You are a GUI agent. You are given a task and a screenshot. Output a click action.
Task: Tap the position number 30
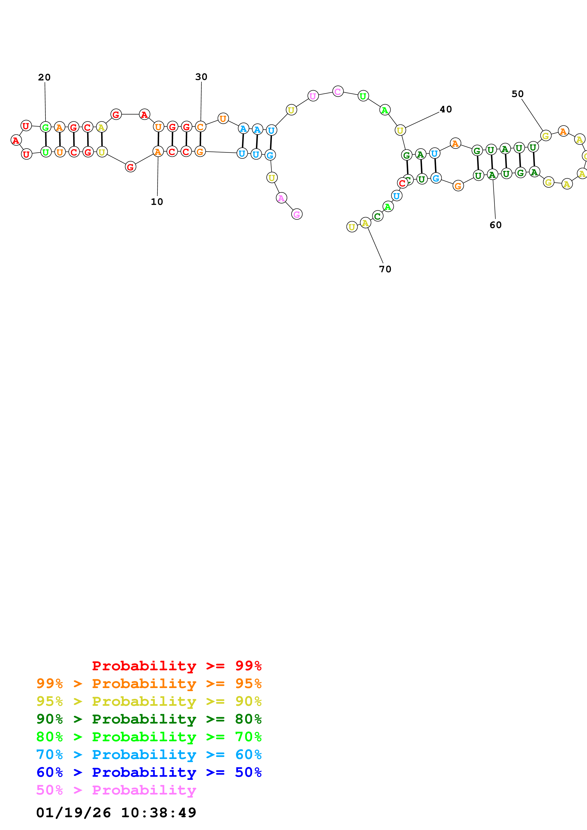click(201, 77)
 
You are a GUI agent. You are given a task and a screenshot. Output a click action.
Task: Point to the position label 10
click(157, 202)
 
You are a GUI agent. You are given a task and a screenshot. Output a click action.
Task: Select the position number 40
click(446, 110)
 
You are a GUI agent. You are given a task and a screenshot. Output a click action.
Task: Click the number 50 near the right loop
click(517, 94)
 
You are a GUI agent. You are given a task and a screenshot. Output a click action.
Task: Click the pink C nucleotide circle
click(337, 92)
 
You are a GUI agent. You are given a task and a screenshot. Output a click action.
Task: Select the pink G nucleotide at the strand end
click(296, 214)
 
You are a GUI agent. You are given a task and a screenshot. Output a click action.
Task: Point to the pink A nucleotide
click(281, 198)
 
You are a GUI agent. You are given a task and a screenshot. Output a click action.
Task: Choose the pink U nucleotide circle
click(313, 96)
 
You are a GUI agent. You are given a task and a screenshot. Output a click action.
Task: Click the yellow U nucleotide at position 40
click(400, 130)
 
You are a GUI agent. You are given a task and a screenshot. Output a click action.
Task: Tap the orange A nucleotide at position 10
click(158, 152)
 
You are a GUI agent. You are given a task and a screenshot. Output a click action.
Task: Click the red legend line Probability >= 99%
click(176, 666)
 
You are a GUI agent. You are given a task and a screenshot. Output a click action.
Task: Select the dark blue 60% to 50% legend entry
click(149, 772)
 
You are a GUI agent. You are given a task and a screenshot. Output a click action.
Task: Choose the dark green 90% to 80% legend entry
click(149, 719)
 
